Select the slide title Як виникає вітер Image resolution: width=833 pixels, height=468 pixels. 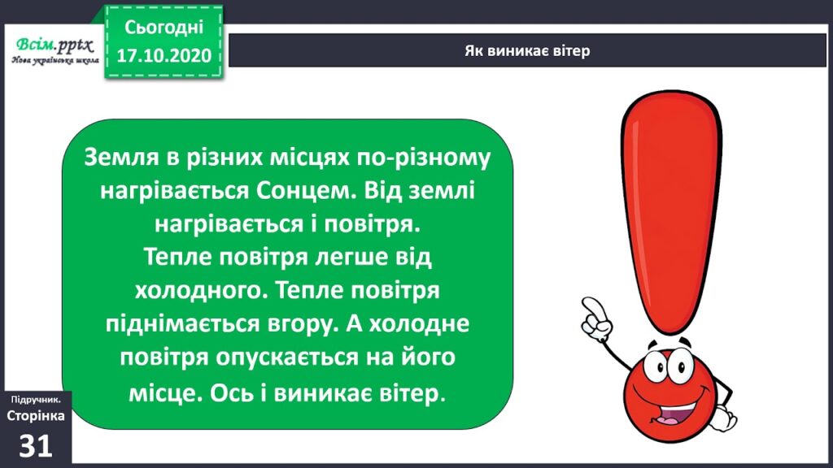tap(526, 50)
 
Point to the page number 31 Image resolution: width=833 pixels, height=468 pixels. tap(36, 444)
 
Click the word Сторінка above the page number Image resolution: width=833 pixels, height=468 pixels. tap(36, 416)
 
